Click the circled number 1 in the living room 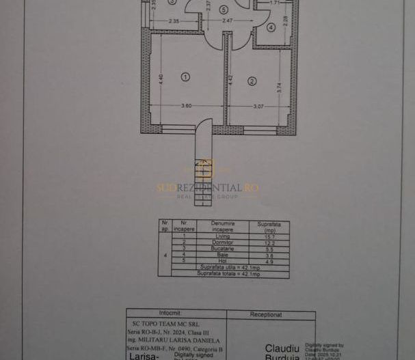[185, 77]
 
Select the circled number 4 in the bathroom [271, 28]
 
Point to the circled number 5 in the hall [224, 10]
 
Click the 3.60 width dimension [186, 106]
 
